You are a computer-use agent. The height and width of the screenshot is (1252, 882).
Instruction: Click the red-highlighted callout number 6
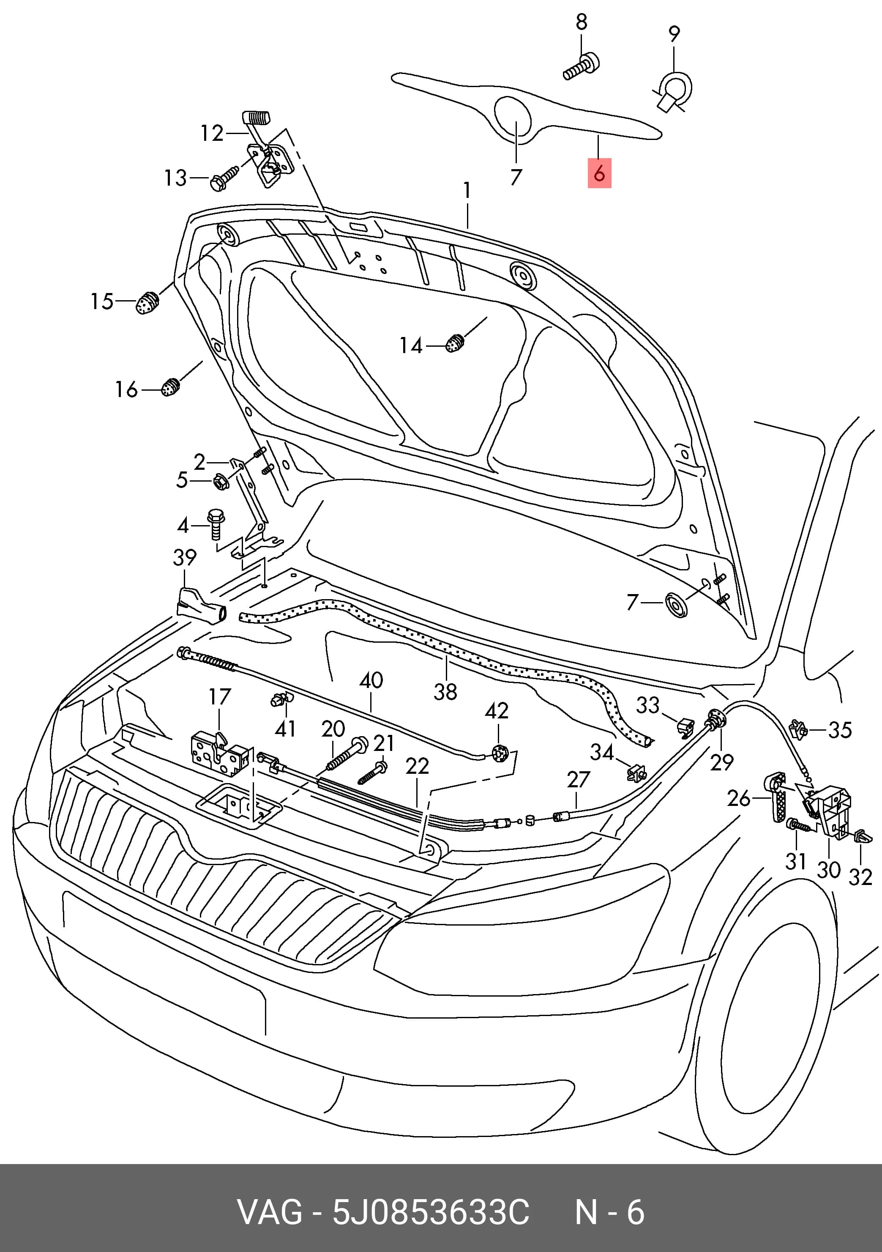599,173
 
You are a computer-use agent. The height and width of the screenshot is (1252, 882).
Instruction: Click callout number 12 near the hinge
212,133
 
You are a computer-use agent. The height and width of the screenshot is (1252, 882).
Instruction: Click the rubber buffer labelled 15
147,303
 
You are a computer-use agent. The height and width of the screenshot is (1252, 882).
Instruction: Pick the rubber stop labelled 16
171,386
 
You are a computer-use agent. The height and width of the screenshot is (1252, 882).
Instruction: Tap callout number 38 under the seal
445,692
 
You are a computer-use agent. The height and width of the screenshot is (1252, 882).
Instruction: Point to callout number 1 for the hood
467,190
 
